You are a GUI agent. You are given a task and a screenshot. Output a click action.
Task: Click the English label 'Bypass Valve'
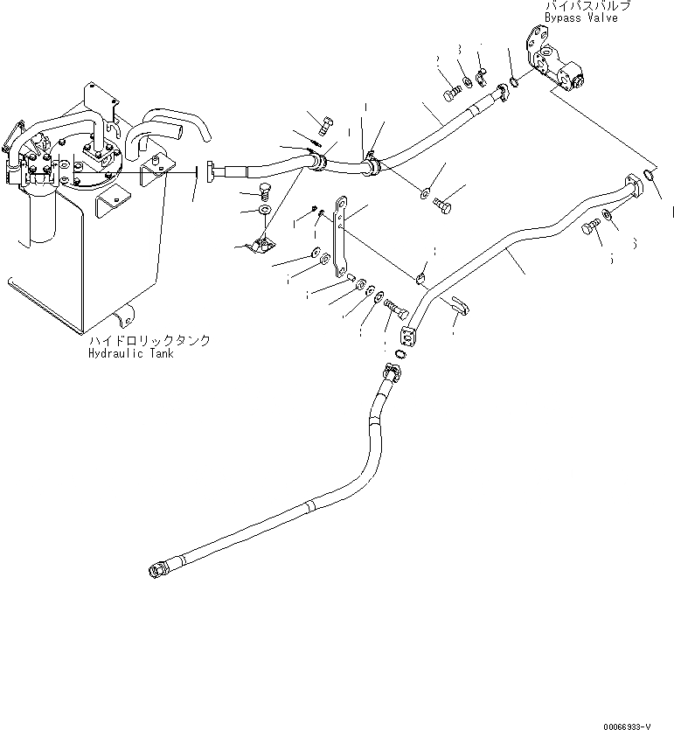[x=580, y=18]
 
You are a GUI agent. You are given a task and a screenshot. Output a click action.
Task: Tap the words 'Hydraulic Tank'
[x=130, y=354]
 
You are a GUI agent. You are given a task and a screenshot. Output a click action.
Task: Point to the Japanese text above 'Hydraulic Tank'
[x=149, y=341]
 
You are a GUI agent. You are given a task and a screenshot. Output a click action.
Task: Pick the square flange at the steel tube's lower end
[x=408, y=337]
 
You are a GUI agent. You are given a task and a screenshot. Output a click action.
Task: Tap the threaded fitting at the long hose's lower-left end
[x=157, y=572]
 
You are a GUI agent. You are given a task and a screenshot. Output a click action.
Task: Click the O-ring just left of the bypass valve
[x=514, y=82]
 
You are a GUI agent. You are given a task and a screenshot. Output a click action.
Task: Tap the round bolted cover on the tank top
[x=87, y=162]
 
